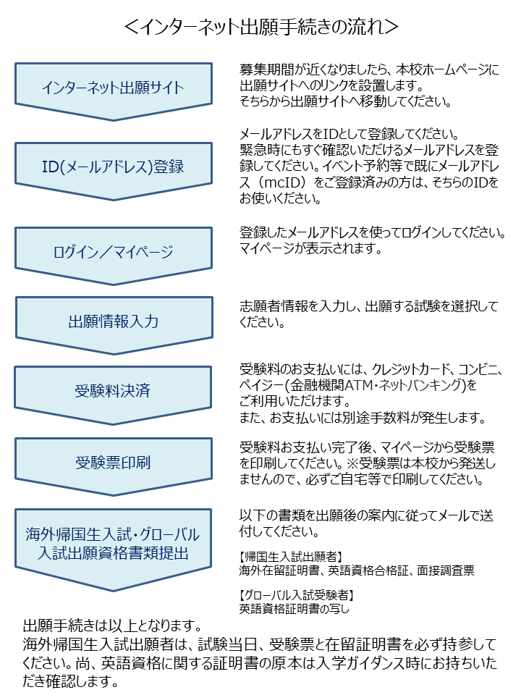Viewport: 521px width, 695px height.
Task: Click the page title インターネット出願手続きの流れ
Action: click(x=260, y=28)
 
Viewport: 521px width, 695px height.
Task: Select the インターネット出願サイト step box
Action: click(x=113, y=88)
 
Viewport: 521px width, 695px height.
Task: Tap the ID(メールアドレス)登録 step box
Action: click(x=113, y=167)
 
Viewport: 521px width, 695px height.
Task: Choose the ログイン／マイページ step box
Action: click(x=113, y=252)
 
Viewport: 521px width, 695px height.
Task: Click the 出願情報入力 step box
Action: click(x=113, y=321)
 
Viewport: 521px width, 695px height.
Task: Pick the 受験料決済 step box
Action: click(x=113, y=392)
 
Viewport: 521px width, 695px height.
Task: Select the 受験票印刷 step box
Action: click(x=113, y=461)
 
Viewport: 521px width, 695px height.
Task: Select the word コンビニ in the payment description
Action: click(x=481, y=368)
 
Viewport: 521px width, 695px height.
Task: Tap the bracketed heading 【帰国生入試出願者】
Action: click(x=291, y=556)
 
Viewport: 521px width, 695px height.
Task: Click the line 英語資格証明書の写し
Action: click(x=295, y=608)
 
